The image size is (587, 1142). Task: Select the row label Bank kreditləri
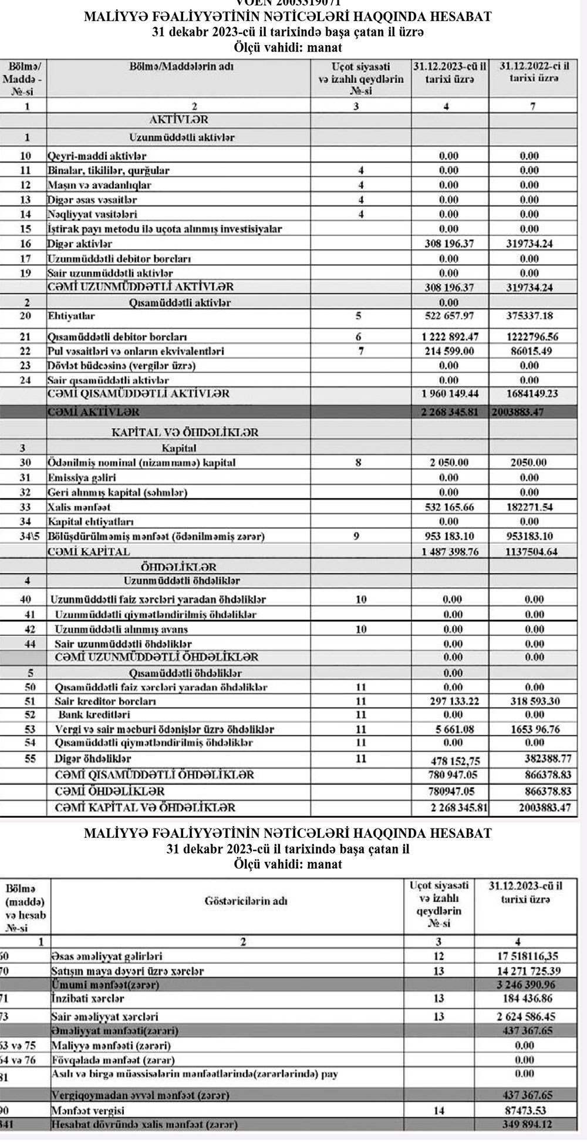92,715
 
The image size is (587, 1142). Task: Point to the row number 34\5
27,537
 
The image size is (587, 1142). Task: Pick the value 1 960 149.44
449,394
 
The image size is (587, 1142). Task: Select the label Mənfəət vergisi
87,1111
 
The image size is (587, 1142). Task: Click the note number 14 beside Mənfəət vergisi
438,1111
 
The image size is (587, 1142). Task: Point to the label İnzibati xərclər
87,998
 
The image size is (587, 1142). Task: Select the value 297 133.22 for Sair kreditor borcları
449,701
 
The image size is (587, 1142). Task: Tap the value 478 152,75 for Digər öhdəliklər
449,761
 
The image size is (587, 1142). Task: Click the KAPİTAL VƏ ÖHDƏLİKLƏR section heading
185,433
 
